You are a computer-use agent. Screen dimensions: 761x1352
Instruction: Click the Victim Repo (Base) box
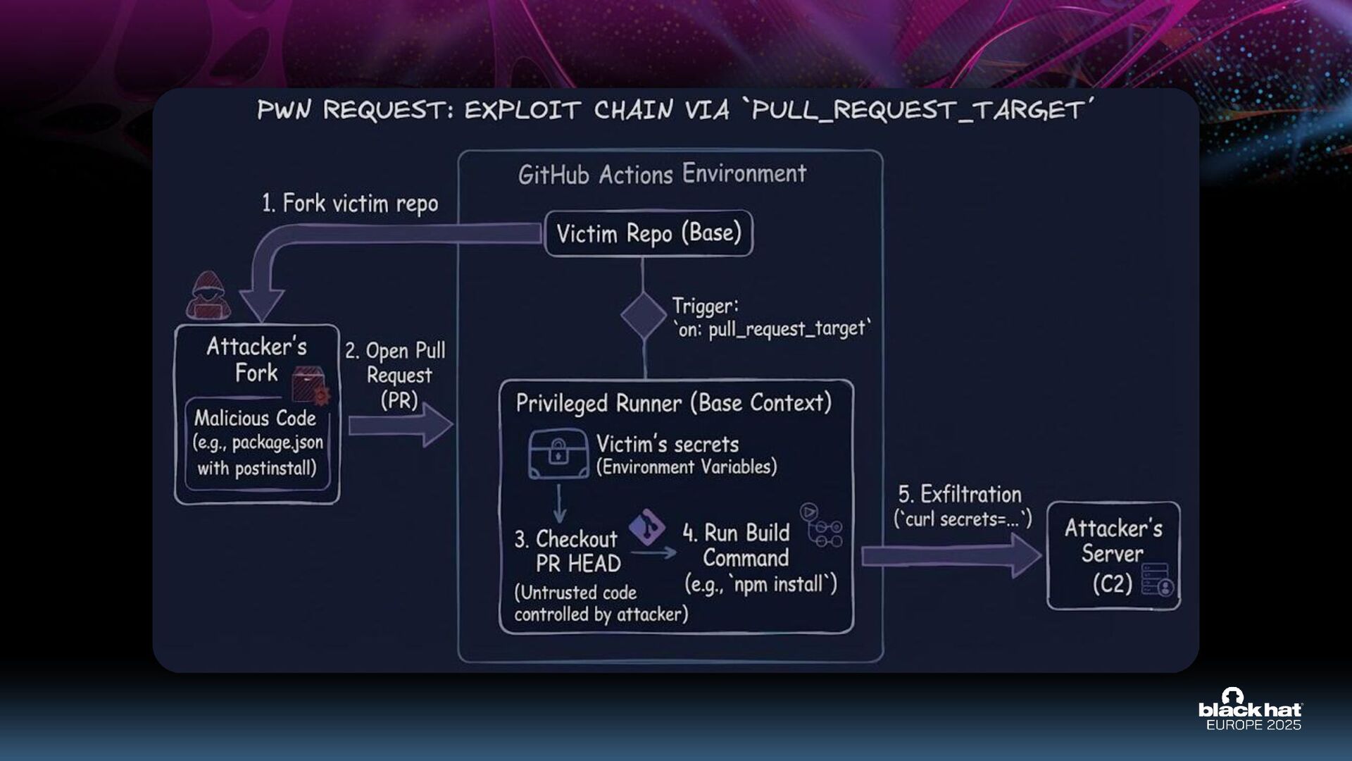[649, 233]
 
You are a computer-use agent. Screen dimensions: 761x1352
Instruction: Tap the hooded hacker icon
[208, 296]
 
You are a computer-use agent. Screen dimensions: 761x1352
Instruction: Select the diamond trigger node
[643, 316]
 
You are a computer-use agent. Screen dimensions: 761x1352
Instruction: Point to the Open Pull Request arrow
[400, 426]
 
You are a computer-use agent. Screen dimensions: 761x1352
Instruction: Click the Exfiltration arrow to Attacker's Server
[951, 555]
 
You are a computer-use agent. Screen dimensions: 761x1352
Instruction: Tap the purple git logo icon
[646, 527]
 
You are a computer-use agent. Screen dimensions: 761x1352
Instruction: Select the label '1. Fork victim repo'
[350, 204]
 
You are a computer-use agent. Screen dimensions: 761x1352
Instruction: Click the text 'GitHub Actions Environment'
[662, 174]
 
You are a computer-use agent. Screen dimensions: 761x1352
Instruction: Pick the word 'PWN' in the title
[284, 111]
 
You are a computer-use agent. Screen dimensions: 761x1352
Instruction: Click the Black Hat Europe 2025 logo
[1251, 710]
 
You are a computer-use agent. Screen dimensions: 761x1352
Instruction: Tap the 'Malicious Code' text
[255, 419]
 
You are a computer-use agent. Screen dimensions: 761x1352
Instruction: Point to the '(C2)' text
[1112, 583]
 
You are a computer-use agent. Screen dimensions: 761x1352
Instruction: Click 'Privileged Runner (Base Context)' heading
[673, 403]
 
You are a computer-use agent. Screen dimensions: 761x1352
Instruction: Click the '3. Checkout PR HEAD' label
[568, 551]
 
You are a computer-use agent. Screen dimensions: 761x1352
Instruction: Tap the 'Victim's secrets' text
[668, 444]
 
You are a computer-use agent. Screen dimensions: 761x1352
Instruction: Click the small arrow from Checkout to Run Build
[653, 554]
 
